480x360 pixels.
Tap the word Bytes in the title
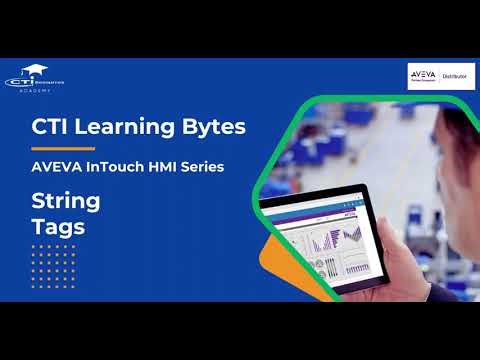click(x=210, y=128)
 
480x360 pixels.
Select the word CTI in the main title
click(x=58, y=128)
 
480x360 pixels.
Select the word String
click(x=66, y=201)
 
